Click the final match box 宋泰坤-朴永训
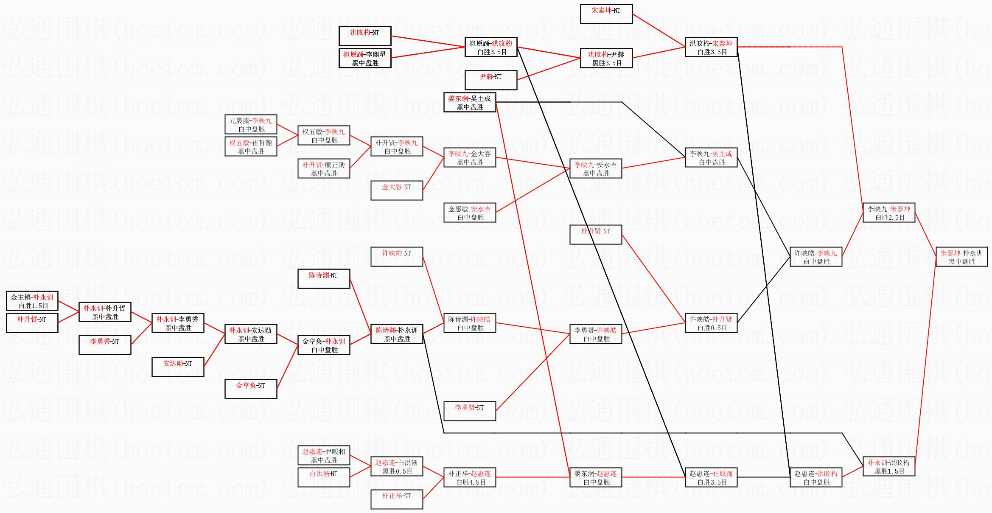point(961,257)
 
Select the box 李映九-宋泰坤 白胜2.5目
point(889,213)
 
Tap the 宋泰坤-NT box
point(606,14)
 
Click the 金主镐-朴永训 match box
point(32,301)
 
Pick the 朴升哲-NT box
point(32,323)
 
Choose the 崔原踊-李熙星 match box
point(365,59)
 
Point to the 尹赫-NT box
point(491,80)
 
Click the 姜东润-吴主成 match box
point(470,103)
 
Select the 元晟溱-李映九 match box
point(251,125)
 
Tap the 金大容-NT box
point(397,191)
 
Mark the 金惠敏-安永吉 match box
point(470,213)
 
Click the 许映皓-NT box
point(397,257)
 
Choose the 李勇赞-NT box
point(470,411)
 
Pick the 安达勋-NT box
point(178,367)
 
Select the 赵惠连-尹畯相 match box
point(324,456)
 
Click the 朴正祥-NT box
point(397,499)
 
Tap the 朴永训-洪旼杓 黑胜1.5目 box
point(889,467)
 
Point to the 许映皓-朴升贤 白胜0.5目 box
point(711,323)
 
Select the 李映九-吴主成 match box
point(711,158)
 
